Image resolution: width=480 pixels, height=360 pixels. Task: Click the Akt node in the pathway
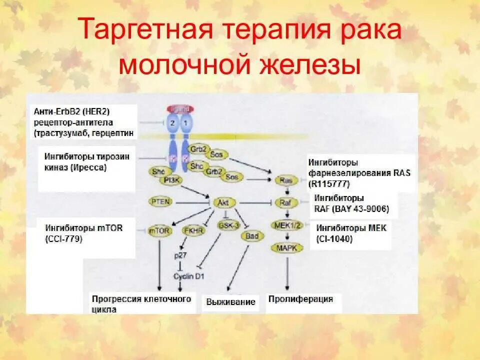click(221, 202)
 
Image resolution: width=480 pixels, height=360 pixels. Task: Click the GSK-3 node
click(225, 225)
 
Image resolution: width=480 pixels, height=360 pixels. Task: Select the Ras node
click(286, 180)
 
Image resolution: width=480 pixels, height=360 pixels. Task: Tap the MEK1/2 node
click(286, 224)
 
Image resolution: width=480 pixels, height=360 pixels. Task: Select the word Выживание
click(230, 301)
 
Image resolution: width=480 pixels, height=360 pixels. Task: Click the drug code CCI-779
click(64, 239)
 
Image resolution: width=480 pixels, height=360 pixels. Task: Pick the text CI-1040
click(334, 239)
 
